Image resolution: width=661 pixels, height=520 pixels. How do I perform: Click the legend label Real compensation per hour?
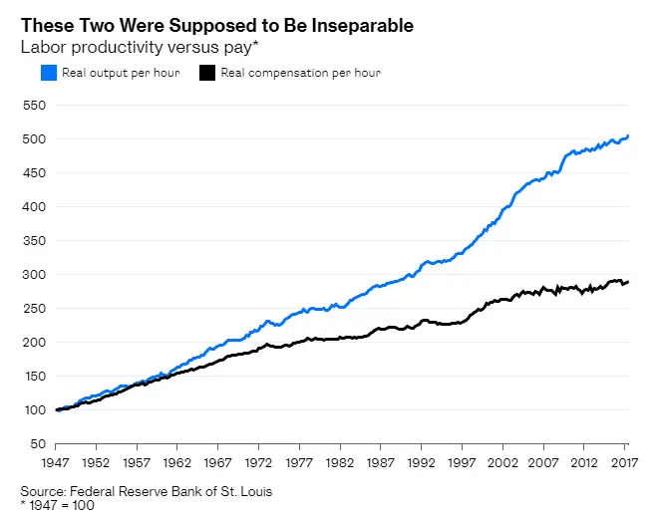(300, 73)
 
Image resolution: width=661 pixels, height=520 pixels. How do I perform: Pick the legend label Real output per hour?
(120, 73)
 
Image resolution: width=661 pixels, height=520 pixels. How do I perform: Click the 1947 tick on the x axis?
(61, 463)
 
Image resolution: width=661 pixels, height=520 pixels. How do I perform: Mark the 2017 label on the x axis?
(624, 463)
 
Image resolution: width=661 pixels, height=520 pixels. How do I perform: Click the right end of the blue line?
(628, 136)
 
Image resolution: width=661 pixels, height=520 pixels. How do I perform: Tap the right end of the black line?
(628, 282)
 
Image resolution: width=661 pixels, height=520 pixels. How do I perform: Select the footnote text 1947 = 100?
(61, 505)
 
